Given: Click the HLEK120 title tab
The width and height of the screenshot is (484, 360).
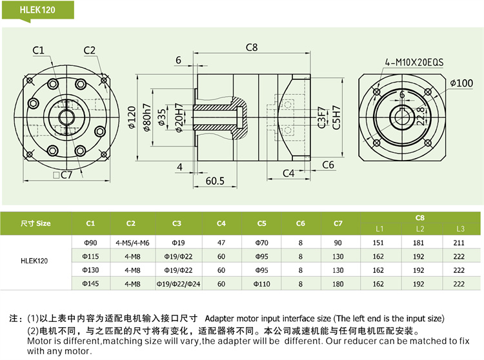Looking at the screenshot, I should (38, 10).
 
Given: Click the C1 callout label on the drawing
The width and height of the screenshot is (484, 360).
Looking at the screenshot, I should (38, 50).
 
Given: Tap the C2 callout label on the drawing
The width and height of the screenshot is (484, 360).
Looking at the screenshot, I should (89, 50).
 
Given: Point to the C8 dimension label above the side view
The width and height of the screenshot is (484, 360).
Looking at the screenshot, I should (252, 47).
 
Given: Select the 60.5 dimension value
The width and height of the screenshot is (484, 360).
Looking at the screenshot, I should (215, 181).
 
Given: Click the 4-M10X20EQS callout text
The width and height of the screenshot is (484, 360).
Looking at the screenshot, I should (414, 62).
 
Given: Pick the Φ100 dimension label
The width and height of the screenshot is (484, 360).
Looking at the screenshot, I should (461, 83).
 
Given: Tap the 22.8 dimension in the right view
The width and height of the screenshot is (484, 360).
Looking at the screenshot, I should (421, 115).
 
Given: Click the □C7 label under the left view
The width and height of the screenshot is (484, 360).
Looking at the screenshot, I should (63, 175).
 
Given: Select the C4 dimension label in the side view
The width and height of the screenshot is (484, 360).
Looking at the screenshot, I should (288, 173).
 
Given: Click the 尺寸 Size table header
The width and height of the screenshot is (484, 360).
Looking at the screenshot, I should (35, 223).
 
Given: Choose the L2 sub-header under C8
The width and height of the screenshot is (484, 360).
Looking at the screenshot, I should (419, 229).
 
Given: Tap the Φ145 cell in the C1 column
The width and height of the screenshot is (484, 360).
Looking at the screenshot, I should (90, 283).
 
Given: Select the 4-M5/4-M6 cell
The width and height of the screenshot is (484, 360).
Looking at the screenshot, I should (131, 243).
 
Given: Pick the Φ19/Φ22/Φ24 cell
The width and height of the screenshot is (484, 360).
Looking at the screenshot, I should (177, 283).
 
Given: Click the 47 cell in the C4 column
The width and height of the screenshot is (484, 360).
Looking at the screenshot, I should (221, 243).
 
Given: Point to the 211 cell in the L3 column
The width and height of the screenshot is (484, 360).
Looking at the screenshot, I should (459, 243).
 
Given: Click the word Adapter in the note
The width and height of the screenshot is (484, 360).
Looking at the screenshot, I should (219, 319).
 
